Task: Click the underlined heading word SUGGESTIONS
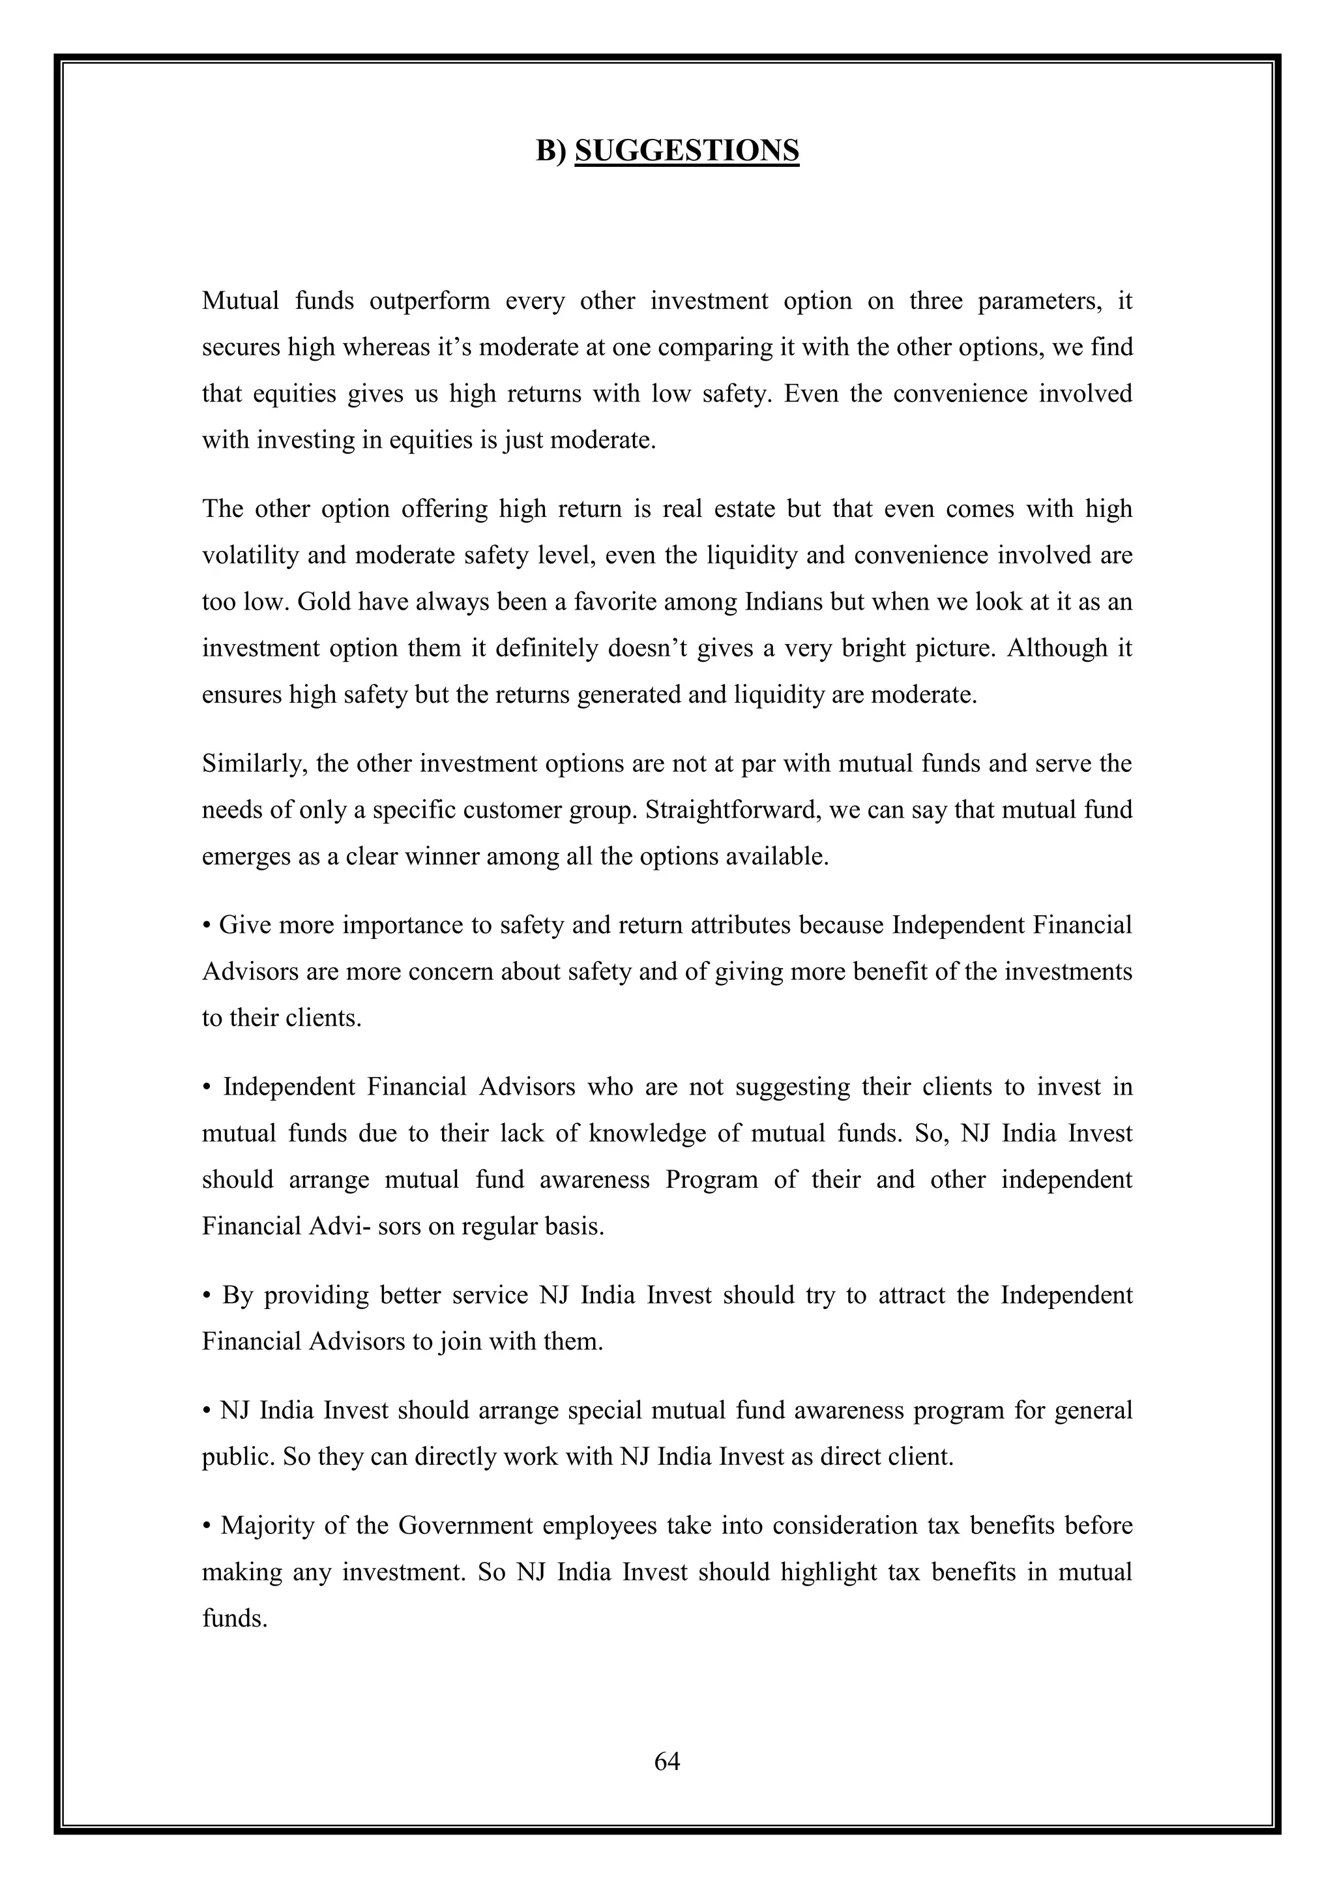pyautogui.click(x=686, y=151)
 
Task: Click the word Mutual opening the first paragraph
pyautogui.click(x=241, y=301)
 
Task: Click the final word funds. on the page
pyautogui.click(x=234, y=1618)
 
